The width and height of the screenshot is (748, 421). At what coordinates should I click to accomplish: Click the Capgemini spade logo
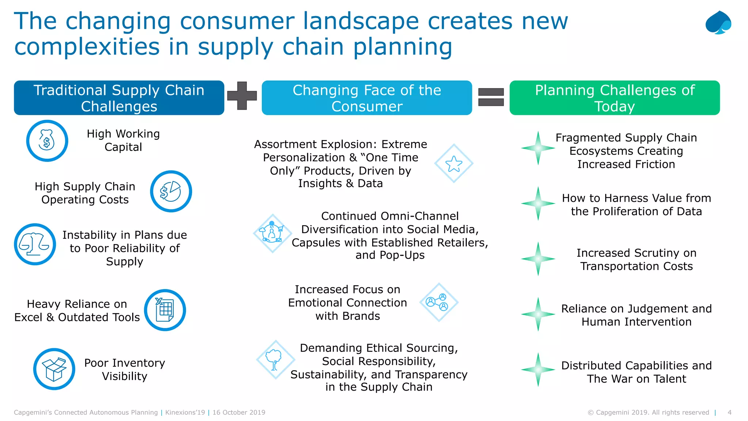(718, 23)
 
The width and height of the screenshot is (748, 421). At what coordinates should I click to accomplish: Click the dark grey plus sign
(242, 96)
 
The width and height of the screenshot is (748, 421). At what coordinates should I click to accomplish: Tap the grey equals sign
(491, 97)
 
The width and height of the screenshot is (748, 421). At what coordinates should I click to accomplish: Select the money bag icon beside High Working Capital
(47, 141)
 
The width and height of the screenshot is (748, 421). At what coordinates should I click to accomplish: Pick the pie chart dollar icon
(171, 191)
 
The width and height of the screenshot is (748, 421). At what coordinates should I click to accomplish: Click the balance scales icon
(35, 244)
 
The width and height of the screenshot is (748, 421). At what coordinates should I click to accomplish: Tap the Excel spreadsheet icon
(165, 310)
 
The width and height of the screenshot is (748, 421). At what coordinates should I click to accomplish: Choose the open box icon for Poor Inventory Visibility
(54, 369)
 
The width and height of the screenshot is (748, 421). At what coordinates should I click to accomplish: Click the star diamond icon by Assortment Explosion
(454, 163)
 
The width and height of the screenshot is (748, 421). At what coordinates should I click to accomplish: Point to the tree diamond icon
(276, 360)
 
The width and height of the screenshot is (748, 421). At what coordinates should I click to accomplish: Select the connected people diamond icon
(439, 302)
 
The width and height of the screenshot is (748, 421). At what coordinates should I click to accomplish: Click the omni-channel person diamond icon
(272, 234)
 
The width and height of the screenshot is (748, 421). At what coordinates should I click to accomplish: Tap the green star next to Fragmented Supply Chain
(538, 148)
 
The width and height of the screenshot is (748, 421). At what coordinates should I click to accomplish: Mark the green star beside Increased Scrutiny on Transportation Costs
(538, 259)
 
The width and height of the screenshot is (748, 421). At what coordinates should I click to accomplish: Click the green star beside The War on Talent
(538, 369)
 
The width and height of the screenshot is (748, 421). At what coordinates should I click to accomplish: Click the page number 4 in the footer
(729, 413)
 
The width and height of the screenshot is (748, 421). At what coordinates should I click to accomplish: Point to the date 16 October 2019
(239, 413)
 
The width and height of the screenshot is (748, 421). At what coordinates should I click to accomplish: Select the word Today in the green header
(615, 106)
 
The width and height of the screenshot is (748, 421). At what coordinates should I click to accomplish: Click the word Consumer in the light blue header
(367, 106)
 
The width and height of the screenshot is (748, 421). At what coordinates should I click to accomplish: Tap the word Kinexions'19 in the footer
(185, 413)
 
